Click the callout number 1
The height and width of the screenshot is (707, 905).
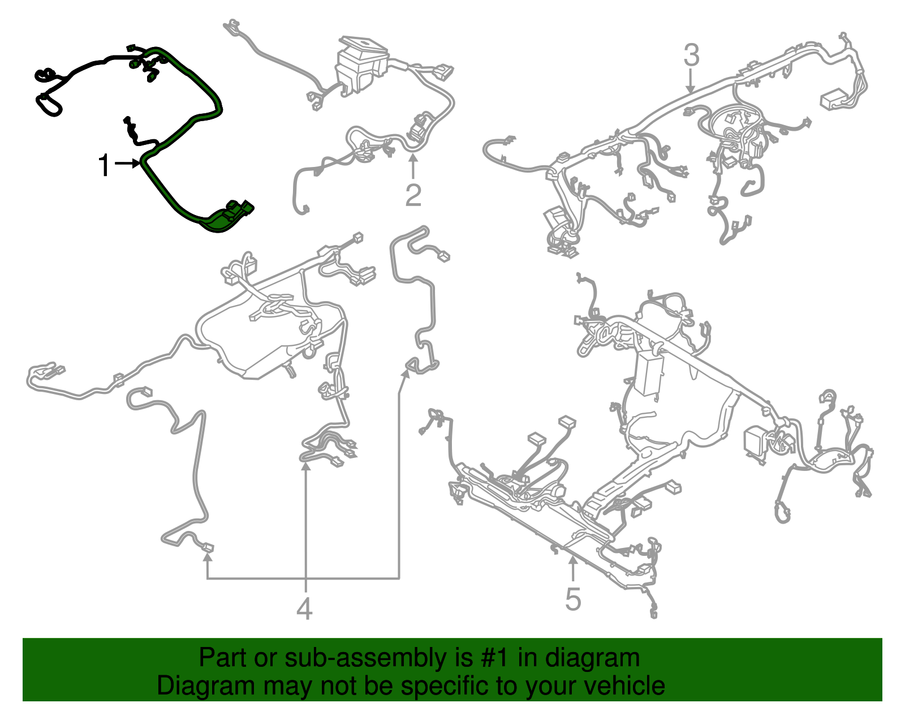point(104,165)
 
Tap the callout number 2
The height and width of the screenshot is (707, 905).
point(413,195)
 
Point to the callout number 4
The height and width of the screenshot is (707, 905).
point(304,609)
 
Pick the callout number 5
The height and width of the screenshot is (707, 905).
point(573,599)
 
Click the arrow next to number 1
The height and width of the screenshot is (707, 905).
point(128,164)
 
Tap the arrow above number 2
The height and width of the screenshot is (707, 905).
point(413,166)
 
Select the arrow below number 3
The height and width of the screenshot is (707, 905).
point(691,81)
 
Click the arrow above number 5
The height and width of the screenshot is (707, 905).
point(573,569)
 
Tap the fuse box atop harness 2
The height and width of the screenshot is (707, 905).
point(361,66)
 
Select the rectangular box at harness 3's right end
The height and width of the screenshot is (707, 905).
point(835,99)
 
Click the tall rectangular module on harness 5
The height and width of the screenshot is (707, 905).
point(649,372)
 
